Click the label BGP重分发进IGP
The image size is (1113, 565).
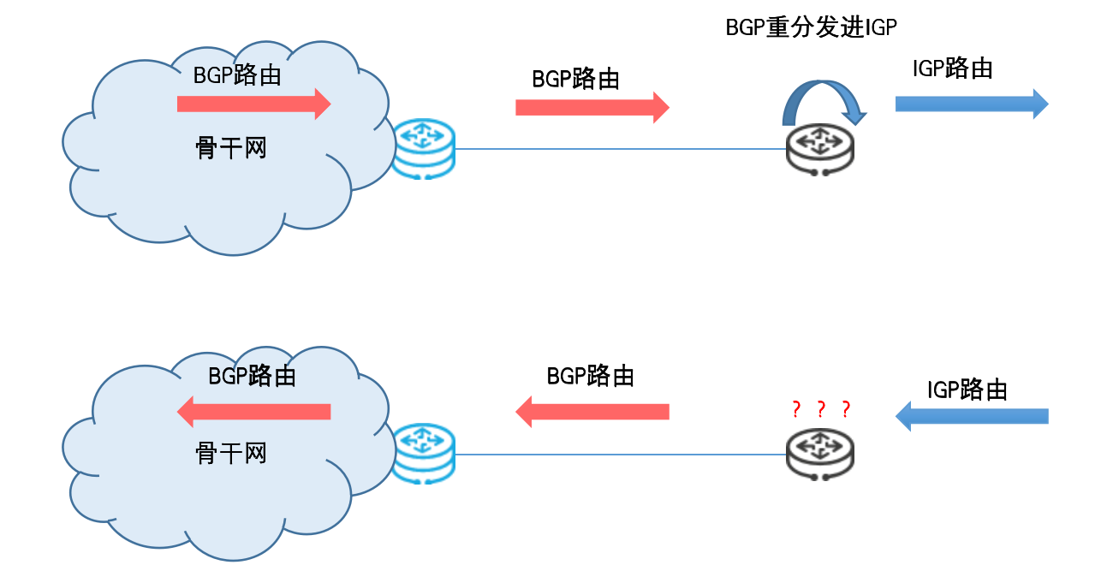tap(811, 28)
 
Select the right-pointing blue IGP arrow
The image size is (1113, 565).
tap(971, 104)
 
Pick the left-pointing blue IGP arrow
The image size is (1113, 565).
tap(972, 417)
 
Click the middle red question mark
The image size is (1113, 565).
tap(820, 409)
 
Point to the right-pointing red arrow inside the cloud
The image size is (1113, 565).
tap(253, 104)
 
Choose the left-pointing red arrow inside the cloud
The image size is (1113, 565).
tap(253, 412)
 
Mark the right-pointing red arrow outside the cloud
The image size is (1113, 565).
tap(592, 107)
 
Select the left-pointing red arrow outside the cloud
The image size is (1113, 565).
tap(592, 412)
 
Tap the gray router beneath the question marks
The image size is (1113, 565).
tap(820, 454)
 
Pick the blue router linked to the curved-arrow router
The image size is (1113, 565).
tap(424, 150)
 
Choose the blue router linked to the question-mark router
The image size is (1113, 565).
tap(424, 454)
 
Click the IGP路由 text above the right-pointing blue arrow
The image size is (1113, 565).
tap(952, 68)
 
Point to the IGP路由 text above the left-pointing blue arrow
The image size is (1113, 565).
tap(967, 390)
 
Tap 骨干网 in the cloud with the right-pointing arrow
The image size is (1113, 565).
tap(231, 148)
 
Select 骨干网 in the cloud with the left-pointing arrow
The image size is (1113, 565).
tap(231, 452)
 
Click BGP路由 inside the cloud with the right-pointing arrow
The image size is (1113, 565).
tap(237, 75)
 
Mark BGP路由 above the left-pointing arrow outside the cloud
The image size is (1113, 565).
tap(590, 376)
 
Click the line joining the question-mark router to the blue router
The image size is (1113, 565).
tap(621, 454)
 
